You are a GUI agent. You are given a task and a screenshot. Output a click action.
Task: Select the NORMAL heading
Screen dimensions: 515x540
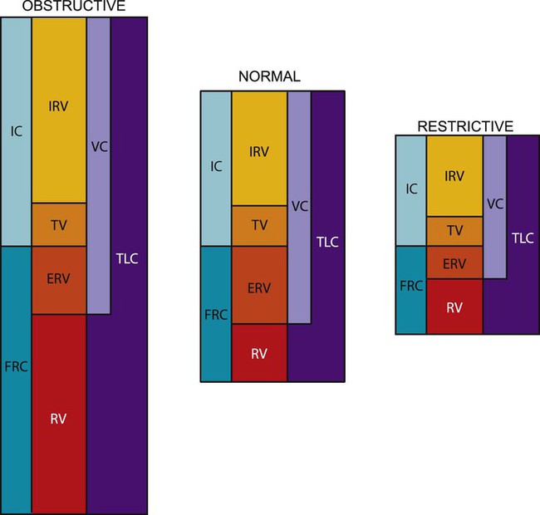[x=269, y=77]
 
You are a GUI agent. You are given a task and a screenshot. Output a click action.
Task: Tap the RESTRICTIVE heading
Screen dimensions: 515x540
[x=465, y=126]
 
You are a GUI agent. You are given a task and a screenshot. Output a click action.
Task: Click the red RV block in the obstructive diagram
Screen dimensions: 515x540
[x=58, y=419]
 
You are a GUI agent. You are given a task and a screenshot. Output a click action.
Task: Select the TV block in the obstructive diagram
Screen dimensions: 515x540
[x=58, y=224]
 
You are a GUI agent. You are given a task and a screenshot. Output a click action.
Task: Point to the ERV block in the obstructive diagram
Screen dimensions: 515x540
[x=58, y=280]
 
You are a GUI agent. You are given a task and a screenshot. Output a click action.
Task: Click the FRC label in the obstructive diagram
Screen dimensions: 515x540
[x=16, y=365]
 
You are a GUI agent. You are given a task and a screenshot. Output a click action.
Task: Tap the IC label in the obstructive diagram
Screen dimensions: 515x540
[x=16, y=130]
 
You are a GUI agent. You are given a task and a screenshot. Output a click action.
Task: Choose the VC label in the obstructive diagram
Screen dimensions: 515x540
[x=99, y=147]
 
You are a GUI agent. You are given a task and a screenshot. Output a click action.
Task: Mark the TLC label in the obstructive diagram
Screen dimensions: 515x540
[x=129, y=257]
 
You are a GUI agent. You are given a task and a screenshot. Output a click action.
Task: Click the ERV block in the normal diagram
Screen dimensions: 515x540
[x=259, y=285]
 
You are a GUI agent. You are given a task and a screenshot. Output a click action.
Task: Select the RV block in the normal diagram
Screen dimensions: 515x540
[x=259, y=352]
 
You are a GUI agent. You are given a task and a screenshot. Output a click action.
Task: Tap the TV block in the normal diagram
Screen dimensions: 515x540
[x=259, y=225]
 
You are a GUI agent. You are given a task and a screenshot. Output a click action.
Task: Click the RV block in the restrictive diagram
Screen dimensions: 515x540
[x=454, y=306]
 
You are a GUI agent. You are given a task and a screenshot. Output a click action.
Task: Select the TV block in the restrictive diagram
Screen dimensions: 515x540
[x=454, y=230]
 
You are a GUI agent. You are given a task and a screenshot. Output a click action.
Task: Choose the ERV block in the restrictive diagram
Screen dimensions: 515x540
[x=454, y=262]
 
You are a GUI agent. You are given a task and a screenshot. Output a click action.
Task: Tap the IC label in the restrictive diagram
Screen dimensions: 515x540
[x=410, y=189]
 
